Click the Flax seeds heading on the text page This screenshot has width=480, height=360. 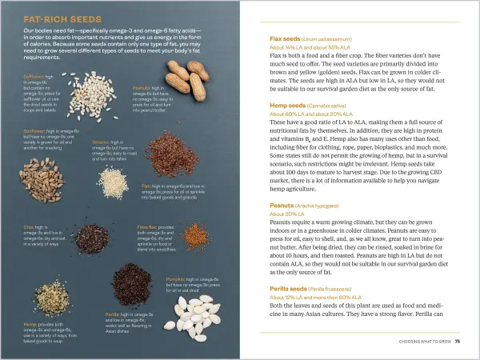285,38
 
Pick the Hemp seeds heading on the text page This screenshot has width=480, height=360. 288,105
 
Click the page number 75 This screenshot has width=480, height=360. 458,342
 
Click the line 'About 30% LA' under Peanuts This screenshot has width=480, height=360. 288,214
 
